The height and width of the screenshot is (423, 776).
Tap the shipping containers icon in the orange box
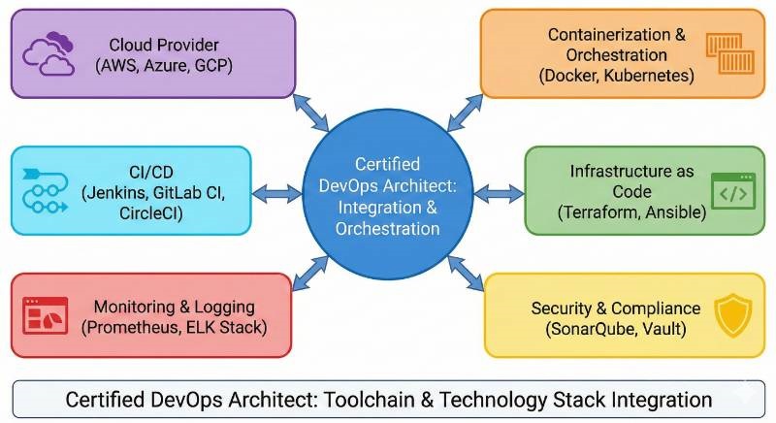[727, 54]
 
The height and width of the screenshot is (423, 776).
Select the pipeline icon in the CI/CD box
[45, 189]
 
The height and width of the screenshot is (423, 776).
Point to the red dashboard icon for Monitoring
[46, 316]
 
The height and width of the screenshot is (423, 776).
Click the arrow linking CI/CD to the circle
[278, 192]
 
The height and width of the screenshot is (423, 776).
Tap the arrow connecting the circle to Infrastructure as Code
[499, 193]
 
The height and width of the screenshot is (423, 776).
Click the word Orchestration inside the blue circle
[387, 229]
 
